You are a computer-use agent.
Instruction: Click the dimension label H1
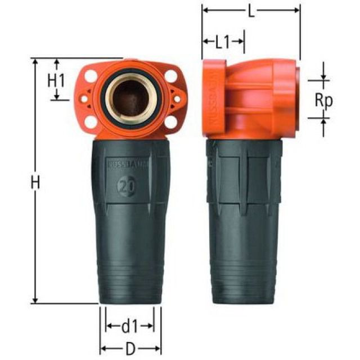click(56, 80)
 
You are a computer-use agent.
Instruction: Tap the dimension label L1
click(223, 42)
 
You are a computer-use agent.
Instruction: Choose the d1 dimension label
click(130, 325)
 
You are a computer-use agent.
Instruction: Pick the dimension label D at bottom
click(130, 349)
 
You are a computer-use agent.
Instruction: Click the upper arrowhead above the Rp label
click(323, 78)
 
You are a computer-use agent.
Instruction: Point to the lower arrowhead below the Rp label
click(323, 120)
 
